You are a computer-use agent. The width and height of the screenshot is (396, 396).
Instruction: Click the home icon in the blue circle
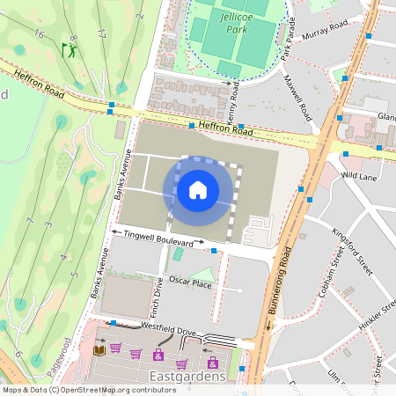[197, 190]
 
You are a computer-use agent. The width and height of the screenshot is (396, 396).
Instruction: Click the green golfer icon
[68, 51]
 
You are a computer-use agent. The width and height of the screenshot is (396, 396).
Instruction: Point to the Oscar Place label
[191, 282]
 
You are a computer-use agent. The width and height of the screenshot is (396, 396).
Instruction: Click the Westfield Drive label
[160, 331]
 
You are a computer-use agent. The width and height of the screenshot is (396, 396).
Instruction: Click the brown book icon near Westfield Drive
[98, 351]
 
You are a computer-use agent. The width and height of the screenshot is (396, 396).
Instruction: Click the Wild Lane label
[359, 175]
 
